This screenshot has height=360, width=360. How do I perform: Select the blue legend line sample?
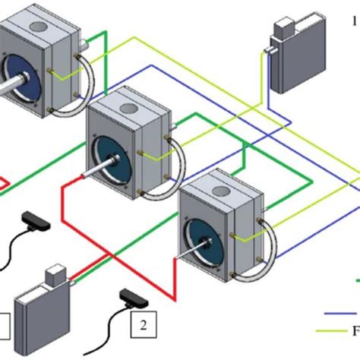(x=342, y=312)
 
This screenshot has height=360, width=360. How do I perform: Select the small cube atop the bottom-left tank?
(x=58, y=276)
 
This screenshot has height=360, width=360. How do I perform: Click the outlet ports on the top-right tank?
(x=267, y=52)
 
